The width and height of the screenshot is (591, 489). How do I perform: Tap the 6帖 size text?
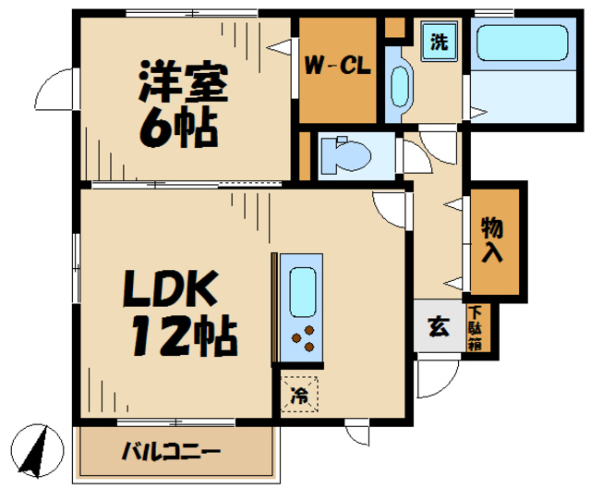click(x=179, y=127)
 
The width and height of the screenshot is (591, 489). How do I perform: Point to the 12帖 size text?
click(x=184, y=337)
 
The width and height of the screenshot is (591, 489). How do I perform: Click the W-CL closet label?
click(x=338, y=66)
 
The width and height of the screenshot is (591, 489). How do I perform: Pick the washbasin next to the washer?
click(x=400, y=87)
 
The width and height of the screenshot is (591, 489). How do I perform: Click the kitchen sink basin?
click(x=303, y=292)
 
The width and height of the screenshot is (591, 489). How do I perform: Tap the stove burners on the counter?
click(x=304, y=343)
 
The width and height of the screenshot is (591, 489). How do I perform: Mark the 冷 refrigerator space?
click(x=300, y=396)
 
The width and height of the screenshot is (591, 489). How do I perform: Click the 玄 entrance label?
click(x=438, y=325)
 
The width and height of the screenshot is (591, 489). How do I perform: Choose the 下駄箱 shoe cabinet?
click(x=481, y=328)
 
